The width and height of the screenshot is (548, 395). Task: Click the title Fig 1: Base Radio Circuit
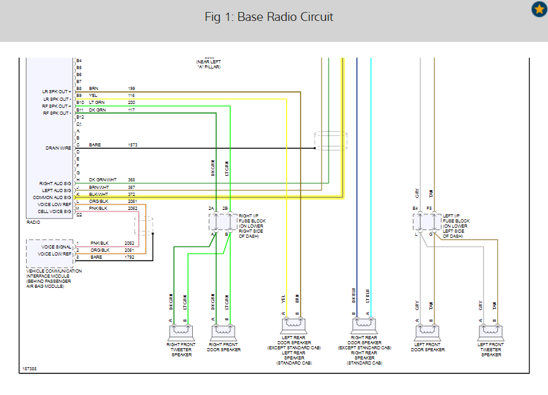269,17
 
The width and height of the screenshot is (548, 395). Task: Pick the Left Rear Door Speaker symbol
294,326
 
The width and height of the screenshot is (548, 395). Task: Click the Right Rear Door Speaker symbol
364,326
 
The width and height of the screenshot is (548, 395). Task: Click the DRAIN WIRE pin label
58,148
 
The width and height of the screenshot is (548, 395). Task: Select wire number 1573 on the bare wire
133,145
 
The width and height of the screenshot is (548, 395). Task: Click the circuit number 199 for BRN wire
131,88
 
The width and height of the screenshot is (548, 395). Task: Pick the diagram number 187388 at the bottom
29,368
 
